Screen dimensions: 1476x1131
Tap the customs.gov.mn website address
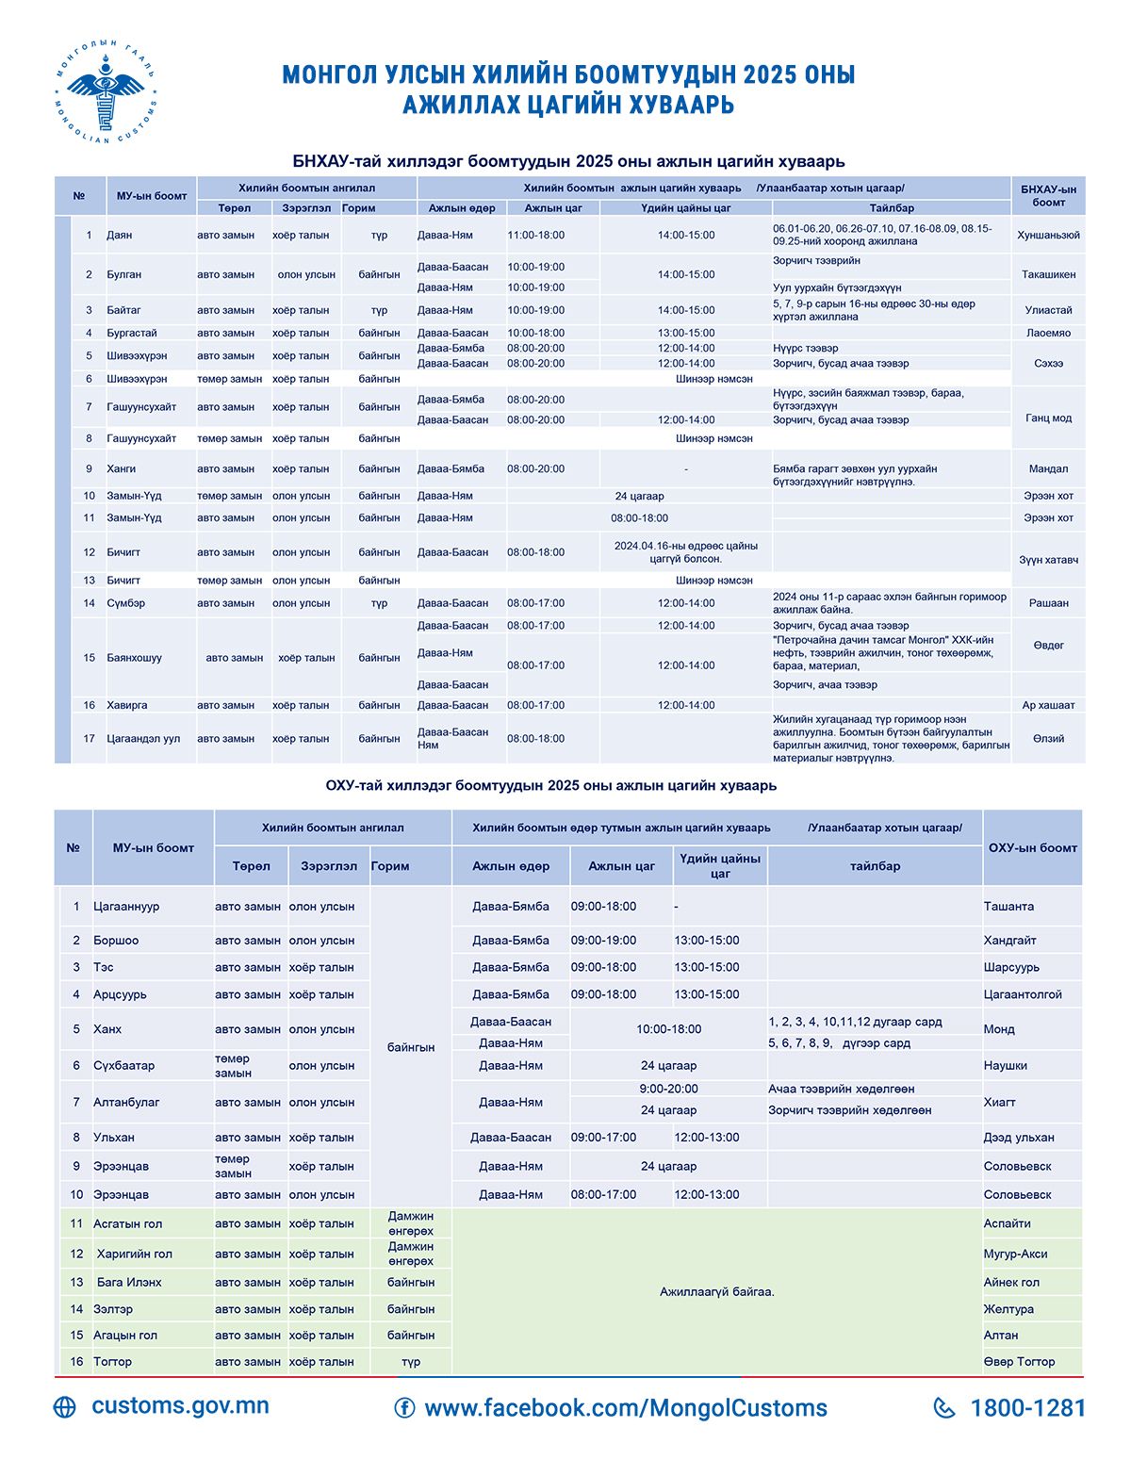click(x=180, y=1405)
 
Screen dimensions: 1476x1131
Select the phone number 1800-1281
click(x=1027, y=1408)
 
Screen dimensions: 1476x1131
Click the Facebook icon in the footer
click(x=404, y=1408)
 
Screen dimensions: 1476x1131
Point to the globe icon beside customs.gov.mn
click(x=65, y=1407)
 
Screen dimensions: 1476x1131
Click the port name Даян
click(x=120, y=235)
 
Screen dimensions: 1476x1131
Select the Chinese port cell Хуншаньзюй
click(x=1048, y=235)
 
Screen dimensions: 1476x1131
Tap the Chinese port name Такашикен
click(x=1048, y=274)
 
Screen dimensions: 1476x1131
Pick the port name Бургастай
click(x=132, y=333)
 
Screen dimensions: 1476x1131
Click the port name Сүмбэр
click(x=126, y=603)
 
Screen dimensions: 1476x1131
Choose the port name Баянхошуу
click(x=135, y=658)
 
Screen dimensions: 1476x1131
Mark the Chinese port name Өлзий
click(x=1048, y=739)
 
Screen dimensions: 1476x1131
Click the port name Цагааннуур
click(x=126, y=907)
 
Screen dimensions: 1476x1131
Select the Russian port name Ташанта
click(x=1008, y=907)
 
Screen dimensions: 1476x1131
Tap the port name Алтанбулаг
click(x=126, y=1102)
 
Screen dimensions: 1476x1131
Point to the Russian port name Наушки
click(x=1005, y=1066)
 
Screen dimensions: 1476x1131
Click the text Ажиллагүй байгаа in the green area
click(x=716, y=1291)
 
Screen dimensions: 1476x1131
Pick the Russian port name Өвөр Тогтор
click(x=1019, y=1362)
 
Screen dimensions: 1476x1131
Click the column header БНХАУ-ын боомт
click(x=1048, y=196)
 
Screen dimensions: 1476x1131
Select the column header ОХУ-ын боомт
click(x=1032, y=848)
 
